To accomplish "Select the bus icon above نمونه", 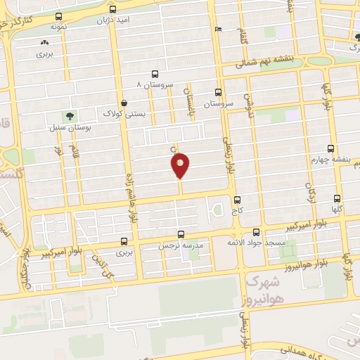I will point(58,16).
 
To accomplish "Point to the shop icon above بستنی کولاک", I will point(124,103).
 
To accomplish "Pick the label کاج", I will point(237,210).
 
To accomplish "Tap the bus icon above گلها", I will point(337,198).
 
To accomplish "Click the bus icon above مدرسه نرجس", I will point(181,234).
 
